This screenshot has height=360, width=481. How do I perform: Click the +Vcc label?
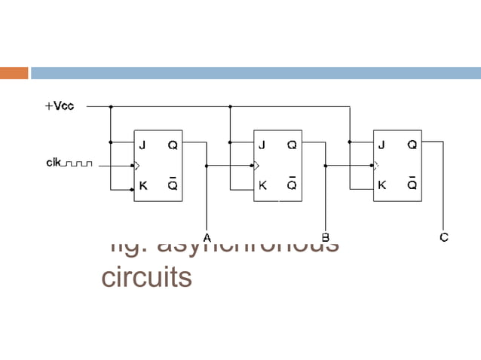[x=59, y=107]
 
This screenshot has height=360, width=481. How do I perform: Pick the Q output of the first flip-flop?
[x=172, y=145]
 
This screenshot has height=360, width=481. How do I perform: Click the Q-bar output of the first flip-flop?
[x=172, y=185]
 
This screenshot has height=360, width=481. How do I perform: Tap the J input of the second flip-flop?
[x=262, y=145]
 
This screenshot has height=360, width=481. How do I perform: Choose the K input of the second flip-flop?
[x=262, y=185]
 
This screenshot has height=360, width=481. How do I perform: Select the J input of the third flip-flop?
[x=381, y=145]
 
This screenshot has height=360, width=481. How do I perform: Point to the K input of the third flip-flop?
[x=382, y=185]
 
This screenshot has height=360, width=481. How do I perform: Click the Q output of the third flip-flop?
[x=412, y=145]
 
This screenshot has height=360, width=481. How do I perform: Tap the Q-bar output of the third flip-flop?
[x=412, y=185]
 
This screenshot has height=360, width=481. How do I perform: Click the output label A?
[x=207, y=237]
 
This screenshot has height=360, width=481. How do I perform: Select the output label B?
[x=326, y=237]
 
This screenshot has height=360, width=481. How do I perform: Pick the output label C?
[x=444, y=237]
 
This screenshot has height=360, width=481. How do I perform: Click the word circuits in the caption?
[x=146, y=277]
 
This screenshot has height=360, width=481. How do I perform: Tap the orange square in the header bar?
[x=14, y=73]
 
